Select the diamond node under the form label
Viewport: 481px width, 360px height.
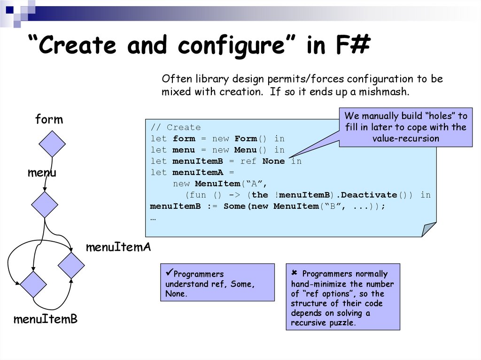pyautogui.click(x=52, y=144)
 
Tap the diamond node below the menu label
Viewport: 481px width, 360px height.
pyautogui.click(x=45, y=205)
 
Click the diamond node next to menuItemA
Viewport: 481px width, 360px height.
pyautogui.click(x=71, y=265)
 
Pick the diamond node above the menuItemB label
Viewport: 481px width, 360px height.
pyautogui.click(x=33, y=284)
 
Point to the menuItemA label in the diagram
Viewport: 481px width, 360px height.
pyautogui.click(x=118, y=247)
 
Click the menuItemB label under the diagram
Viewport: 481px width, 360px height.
pyautogui.click(x=45, y=320)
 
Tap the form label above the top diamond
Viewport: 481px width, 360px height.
pyautogui.click(x=49, y=120)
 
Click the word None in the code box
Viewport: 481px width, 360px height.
pyautogui.click(x=273, y=161)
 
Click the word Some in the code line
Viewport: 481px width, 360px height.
pyautogui.click(x=234, y=207)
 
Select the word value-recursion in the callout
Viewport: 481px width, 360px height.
pyautogui.click(x=405, y=138)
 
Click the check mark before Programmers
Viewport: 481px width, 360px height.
pyautogui.click(x=169, y=273)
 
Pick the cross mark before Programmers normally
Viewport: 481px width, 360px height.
pyautogui.click(x=295, y=273)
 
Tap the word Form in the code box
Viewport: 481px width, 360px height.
pyautogui.click(x=246, y=139)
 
